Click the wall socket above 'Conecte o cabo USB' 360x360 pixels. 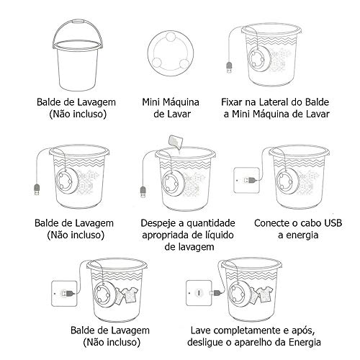click(x=247, y=179)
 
